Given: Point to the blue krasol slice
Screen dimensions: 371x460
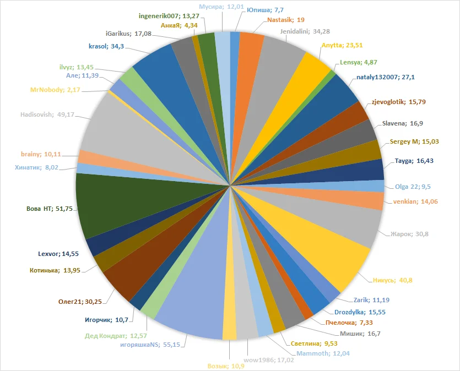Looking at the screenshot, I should pos(157,69).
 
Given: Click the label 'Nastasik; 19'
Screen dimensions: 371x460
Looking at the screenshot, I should pos(282,19).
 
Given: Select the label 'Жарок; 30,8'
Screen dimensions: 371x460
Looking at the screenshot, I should pos(409,234).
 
